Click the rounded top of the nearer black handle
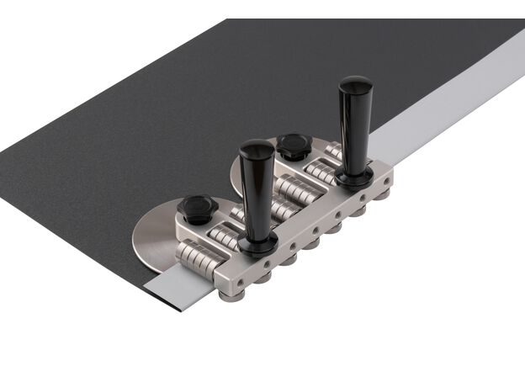coord(257,150)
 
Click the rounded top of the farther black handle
coord(355,84)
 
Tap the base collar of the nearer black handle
coord(257,245)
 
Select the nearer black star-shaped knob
coord(198,208)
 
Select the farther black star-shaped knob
coord(294,145)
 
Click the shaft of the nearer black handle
coord(257,198)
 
